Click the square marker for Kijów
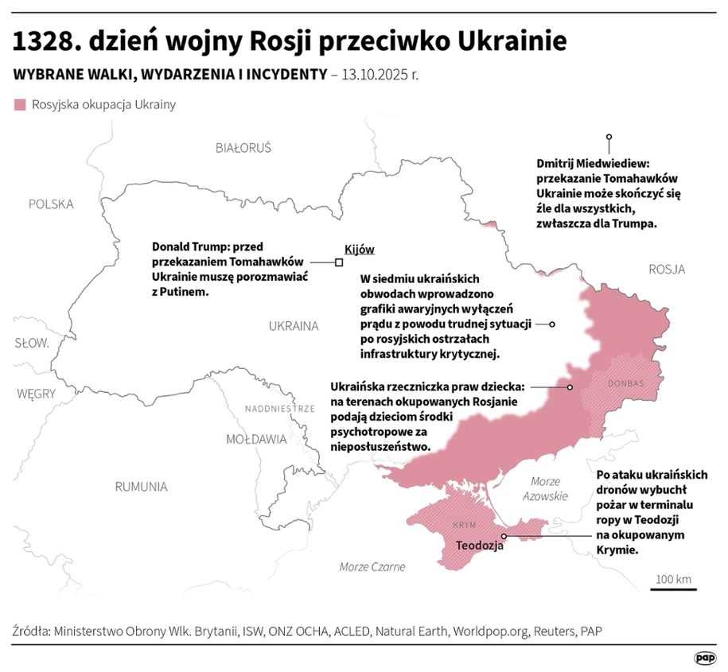339,262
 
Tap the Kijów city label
359,249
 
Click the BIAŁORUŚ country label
243,148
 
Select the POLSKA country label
51,204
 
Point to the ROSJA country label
666,270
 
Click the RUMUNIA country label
141,487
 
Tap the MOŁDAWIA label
256,439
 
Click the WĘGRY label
37,394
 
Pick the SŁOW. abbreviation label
32,344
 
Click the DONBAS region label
625,383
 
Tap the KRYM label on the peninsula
463,526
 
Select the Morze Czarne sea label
372,567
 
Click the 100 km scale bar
673,588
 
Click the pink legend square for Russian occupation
21,105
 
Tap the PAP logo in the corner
704,657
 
